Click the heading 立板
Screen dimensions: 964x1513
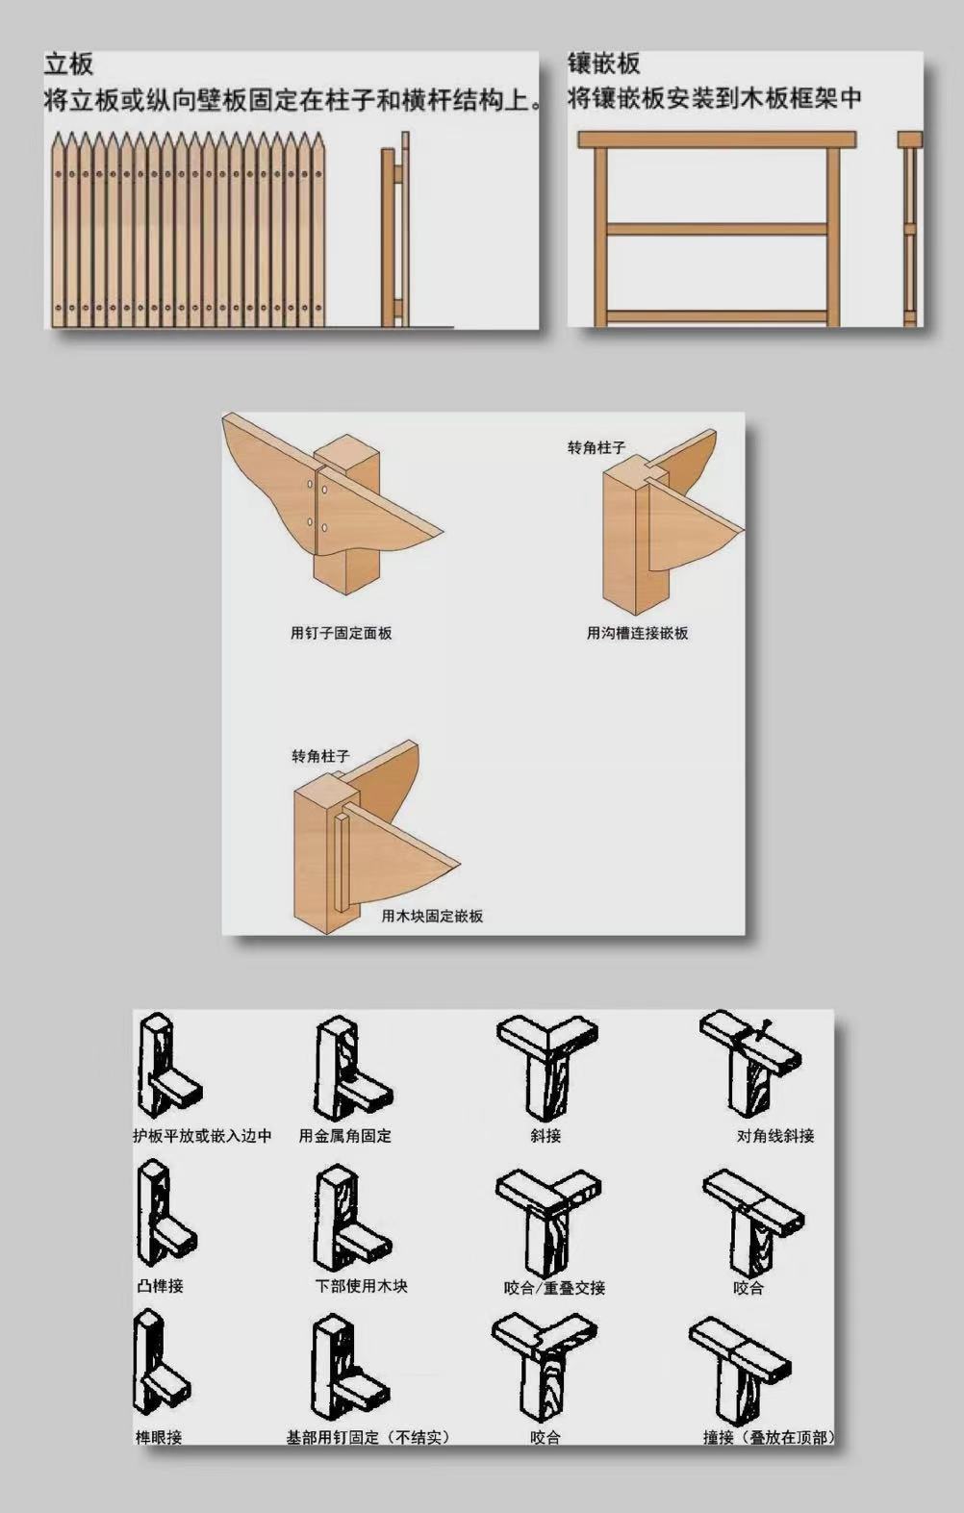68,64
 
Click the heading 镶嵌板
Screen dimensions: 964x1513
604,63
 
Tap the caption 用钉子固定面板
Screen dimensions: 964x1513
342,633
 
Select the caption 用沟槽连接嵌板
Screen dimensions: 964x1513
637,633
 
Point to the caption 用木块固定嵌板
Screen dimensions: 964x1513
432,916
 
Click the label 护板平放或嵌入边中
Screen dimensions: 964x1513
203,1136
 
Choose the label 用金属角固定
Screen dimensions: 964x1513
345,1136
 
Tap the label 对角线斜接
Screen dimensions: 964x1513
775,1136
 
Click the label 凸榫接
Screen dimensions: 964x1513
160,1285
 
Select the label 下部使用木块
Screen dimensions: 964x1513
362,1285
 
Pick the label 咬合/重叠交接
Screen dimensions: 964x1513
554,1288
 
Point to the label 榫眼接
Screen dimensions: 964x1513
159,1437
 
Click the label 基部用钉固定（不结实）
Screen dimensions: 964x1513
368,1437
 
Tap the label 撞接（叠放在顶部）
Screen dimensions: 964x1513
768,1437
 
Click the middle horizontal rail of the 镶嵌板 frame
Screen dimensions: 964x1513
718,229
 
